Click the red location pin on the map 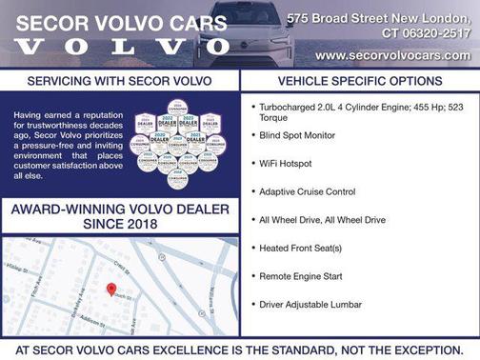tap(110, 288)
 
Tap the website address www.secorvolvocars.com tap(392, 55)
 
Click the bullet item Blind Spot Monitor tap(297, 135)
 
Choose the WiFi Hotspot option tap(287, 163)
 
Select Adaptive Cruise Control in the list tap(307, 191)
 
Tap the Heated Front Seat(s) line tap(300, 248)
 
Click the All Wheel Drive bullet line tap(315, 219)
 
